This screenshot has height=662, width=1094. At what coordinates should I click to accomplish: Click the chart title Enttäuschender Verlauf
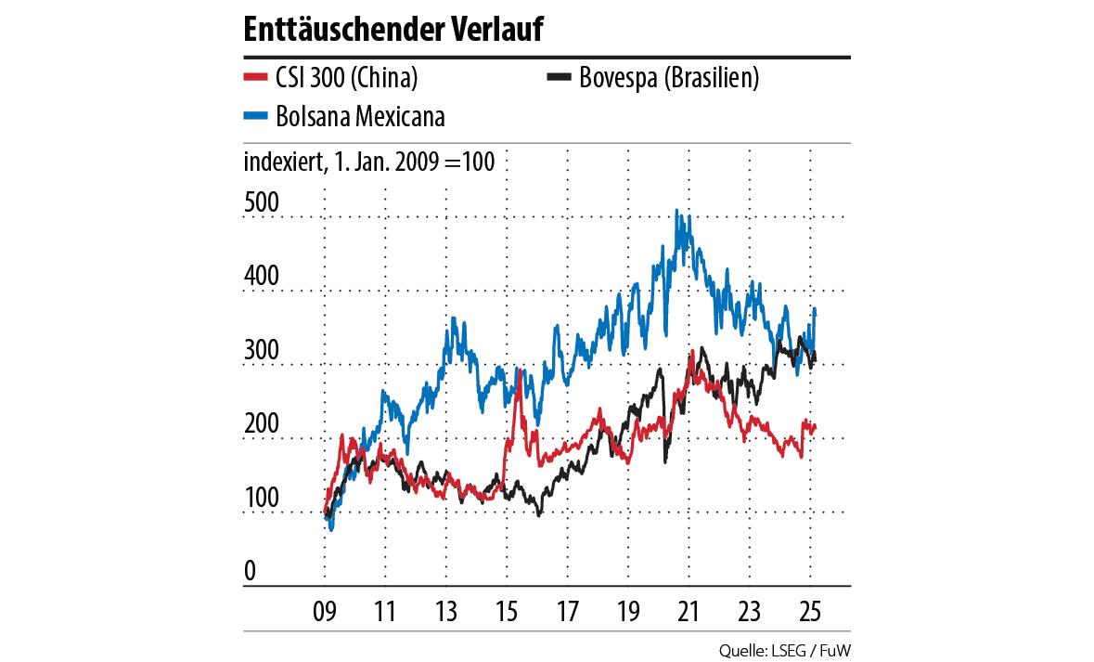pyautogui.click(x=393, y=30)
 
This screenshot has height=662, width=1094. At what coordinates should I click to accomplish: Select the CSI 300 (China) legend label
pyautogui.click(x=347, y=78)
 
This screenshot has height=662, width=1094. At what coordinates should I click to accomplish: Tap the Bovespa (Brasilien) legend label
pyautogui.click(x=668, y=78)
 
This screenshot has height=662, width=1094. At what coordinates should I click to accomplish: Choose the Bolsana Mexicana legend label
pyautogui.click(x=360, y=116)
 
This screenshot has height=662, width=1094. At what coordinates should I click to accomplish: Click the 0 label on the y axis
pyautogui.click(x=250, y=572)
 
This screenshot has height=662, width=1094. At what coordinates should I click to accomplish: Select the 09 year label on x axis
pyautogui.click(x=324, y=613)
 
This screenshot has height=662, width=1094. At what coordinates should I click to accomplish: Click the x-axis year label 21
pyautogui.click(x=688, y=613)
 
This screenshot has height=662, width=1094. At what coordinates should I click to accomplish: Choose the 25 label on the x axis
pyautogui.click(x=809, y=613)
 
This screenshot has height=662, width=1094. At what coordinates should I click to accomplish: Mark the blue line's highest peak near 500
pyautogui.click(x=677, y=212)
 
